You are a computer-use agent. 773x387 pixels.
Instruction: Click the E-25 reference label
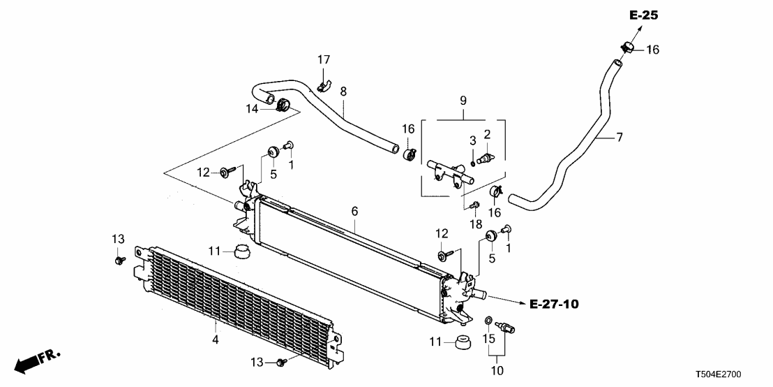click(643, 15)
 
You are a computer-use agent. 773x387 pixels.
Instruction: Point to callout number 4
click(216, 340)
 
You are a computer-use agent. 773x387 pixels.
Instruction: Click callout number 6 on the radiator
click(354, 210)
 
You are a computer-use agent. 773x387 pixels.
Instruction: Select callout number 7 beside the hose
click(619, 137)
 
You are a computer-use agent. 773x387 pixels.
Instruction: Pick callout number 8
click(343, 92)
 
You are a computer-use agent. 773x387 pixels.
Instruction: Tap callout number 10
click(497, 370)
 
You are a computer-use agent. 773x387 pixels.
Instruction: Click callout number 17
click(324, 61)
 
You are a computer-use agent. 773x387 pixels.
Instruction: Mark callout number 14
click(252, 108)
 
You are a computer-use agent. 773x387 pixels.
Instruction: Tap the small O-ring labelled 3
click(473, 164)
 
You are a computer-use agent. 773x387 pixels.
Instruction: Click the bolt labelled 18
click(475, 205)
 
